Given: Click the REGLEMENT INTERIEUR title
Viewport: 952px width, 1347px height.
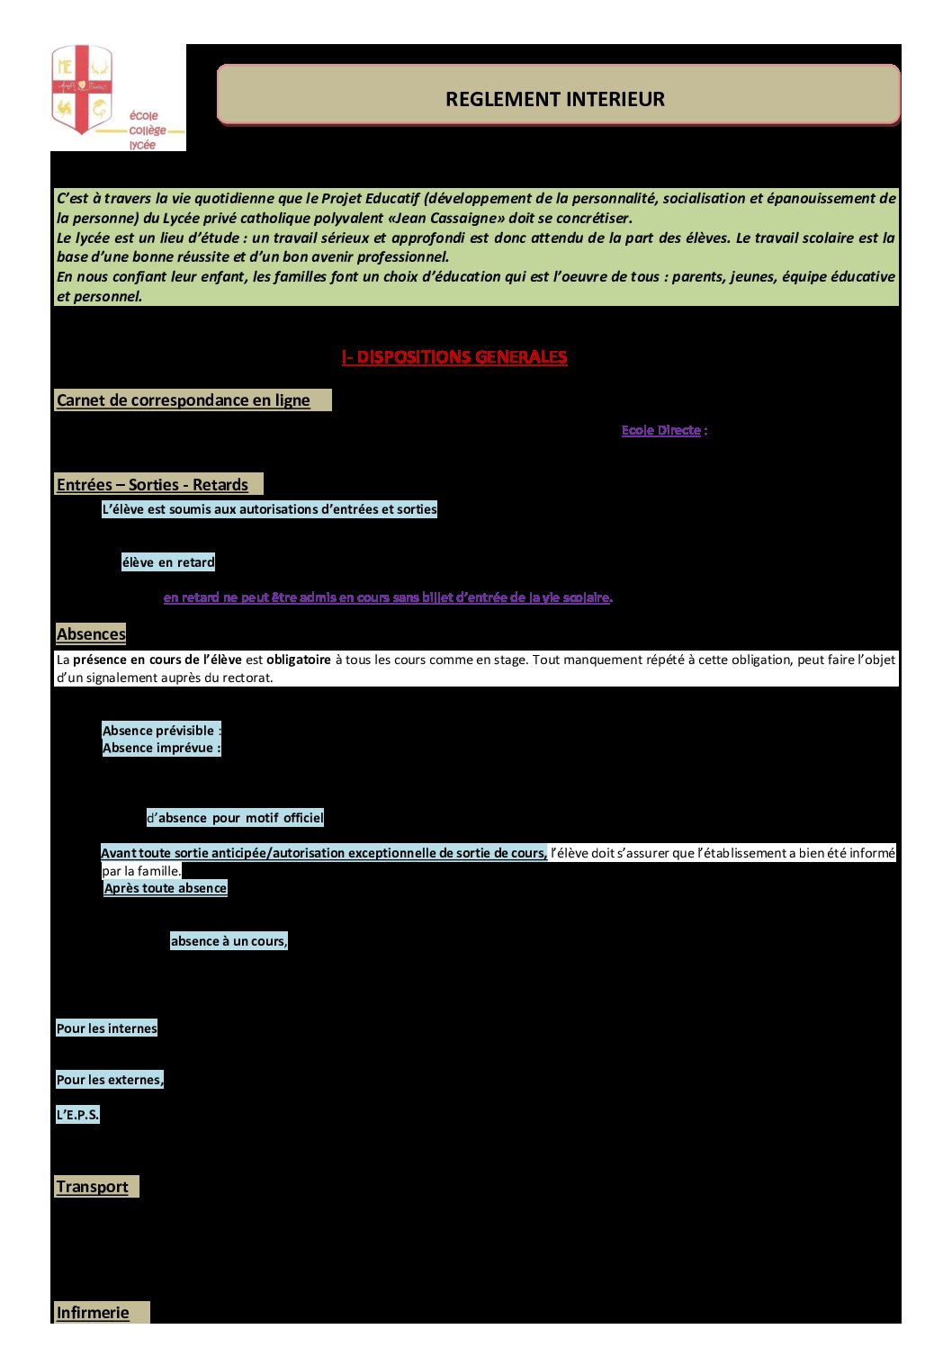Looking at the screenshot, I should coord(555,99).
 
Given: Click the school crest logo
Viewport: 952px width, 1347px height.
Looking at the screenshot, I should coord(82,89).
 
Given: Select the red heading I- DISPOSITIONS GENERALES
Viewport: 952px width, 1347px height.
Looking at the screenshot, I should coord(454,357).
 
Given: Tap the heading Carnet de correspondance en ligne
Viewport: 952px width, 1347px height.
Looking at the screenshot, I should coord(183,400).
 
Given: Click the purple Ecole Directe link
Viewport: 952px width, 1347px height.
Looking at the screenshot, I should coord(660,430).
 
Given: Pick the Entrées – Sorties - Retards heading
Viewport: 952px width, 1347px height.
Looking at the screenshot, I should coord(152,485).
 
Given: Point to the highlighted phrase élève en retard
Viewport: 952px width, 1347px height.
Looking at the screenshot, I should coord(168,562).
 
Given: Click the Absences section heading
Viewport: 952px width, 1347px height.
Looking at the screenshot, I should coord(91,634).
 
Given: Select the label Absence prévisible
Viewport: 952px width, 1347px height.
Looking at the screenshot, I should coord(160,731).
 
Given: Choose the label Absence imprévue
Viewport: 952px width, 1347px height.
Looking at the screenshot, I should coord(160,748).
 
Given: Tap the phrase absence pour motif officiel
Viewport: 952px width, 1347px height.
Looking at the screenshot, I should coord(240,818).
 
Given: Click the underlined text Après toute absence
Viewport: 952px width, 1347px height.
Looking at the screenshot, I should coord(166,888).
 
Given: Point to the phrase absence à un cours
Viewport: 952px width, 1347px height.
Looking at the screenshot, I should coord(229,941).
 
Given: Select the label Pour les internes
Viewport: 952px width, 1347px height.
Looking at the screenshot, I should coord(106,1028).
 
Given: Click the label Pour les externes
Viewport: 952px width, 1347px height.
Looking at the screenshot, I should coord(110,1080).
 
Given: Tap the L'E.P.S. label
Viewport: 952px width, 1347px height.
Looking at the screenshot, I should coord(77,1115).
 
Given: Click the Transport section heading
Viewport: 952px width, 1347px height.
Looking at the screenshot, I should coord(92,1187).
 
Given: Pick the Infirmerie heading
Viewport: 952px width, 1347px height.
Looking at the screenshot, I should coord(93,1313).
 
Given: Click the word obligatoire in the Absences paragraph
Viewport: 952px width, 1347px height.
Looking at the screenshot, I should coord(299,660).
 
